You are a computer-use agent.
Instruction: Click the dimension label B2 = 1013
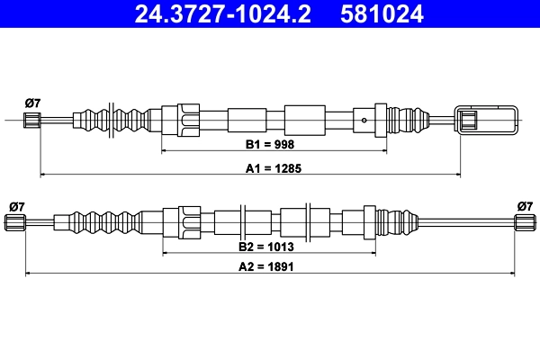270,246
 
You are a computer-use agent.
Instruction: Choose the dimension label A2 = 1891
269,267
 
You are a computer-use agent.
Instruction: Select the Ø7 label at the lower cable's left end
16,206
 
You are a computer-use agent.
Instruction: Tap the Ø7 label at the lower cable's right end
525,206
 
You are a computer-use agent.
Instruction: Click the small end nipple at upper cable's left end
31,120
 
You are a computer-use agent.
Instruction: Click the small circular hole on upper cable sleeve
362,119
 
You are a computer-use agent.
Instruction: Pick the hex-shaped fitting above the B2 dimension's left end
189,222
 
